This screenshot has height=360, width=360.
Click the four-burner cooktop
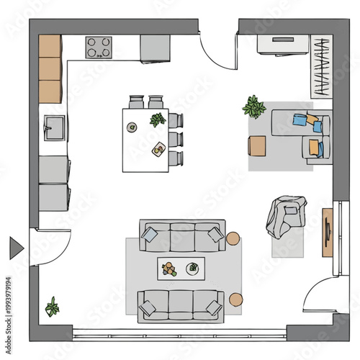[101, 48]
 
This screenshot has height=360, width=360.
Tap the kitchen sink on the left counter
[53, 130]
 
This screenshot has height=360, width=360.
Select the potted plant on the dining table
[157, 120]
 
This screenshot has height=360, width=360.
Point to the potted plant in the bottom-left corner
[53, 307]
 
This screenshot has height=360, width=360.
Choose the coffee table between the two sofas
[181, 269]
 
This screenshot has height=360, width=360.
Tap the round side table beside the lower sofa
[236, 299]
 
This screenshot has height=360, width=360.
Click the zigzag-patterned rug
[320, 66]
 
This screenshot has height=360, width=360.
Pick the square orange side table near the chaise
[256, 145]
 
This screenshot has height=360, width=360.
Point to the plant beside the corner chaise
[254, 107]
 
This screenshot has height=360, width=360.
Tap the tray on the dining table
[158, 149]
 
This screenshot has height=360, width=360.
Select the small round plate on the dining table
[132, 127]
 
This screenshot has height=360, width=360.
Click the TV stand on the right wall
[327, 231]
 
